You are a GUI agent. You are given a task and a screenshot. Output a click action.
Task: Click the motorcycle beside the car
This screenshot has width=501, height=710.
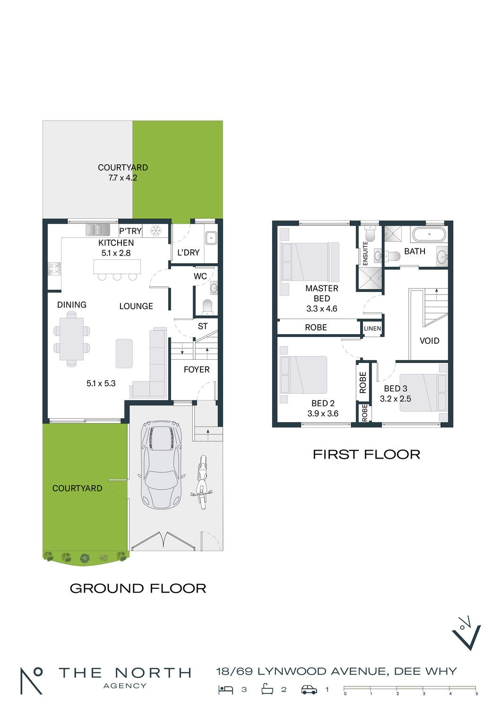201,483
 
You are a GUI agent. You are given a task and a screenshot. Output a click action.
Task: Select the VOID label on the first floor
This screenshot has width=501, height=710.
429,341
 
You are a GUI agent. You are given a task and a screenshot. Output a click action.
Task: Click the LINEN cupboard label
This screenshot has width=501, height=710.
372,328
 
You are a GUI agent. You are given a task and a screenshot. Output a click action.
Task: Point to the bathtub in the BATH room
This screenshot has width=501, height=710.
429,235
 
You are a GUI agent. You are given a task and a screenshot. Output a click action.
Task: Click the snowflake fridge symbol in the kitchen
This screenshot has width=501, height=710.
155,231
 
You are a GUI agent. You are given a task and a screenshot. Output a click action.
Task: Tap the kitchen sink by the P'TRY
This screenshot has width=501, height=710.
98,230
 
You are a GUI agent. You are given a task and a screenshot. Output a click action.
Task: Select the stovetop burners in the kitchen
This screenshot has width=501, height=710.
54,269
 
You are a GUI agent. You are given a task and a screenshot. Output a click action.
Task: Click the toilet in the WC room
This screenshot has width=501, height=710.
207,307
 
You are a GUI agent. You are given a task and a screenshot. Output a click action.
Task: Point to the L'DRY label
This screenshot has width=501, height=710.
188,253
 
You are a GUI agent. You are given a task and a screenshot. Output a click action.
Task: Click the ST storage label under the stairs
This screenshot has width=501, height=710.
203,326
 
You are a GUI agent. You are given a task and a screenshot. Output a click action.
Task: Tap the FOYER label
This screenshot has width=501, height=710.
197,369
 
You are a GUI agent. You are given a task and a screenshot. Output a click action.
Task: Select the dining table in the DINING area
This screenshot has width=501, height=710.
71,339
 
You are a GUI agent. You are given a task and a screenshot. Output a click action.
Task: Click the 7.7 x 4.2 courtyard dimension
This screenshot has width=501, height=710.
123,178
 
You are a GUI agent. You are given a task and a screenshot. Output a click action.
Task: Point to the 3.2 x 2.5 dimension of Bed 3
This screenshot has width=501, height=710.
395,399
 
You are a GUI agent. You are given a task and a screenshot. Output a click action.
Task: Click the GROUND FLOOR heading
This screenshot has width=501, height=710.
138,589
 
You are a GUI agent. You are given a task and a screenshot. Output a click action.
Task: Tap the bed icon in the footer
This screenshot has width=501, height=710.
225,690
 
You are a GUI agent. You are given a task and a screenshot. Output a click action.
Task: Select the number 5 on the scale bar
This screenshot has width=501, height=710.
476,693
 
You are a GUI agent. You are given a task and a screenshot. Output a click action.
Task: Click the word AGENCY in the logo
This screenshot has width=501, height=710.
125,686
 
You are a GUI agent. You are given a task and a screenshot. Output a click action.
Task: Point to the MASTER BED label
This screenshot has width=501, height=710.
321,293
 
